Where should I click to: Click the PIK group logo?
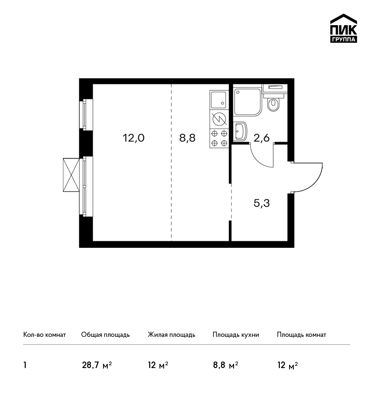tap(344, 28)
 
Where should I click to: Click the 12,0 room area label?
tap(133, 138)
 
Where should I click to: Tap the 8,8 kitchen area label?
tap(187, 138)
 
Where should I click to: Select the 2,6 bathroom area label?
tap(262, 138)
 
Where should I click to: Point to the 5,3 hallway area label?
tap(262, 203)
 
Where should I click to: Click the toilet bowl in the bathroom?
tap(273, 104)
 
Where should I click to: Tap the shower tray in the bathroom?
tap(248, 102)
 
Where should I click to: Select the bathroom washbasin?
tap(241, 131)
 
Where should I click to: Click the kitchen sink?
tap(219, 100)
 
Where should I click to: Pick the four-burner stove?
tap(219, 138)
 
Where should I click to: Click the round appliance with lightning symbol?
tap(219, 119)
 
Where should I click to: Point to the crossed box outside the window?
tap(71, 175)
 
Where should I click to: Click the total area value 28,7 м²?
tap(97, 365)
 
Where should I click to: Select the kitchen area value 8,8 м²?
tap(225, 365)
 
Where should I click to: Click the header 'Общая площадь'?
tap(105, 335)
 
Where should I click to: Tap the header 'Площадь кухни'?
tap(236, 335)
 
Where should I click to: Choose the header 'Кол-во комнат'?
tap(44, 335)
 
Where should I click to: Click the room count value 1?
tap(25, 365)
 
